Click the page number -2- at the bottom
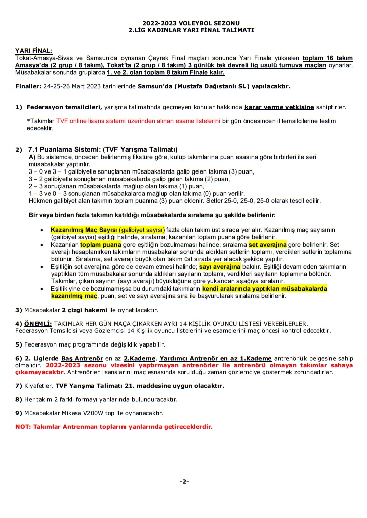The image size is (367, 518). (x=184, y=482)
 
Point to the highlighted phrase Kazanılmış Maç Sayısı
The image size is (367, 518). (x=83, y=230)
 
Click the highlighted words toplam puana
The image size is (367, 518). (x=101, y=245)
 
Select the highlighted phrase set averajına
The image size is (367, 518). (x=267, y=245)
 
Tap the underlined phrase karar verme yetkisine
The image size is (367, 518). (x=279, y=107)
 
